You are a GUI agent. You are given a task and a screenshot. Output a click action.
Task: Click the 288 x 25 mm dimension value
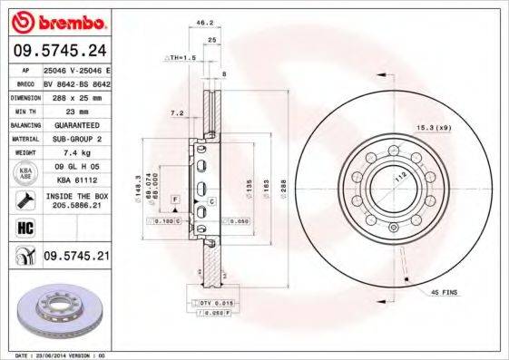(75, 95)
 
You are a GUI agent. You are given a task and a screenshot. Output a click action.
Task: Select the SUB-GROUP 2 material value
(75, 139)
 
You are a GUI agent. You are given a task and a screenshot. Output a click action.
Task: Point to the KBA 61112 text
(75, 180)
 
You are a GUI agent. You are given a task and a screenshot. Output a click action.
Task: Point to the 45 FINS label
(445, 293)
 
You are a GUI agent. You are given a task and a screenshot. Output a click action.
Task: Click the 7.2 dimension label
(178, 113)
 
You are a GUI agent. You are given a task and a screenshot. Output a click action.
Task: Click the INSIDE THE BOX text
(75, 197)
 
